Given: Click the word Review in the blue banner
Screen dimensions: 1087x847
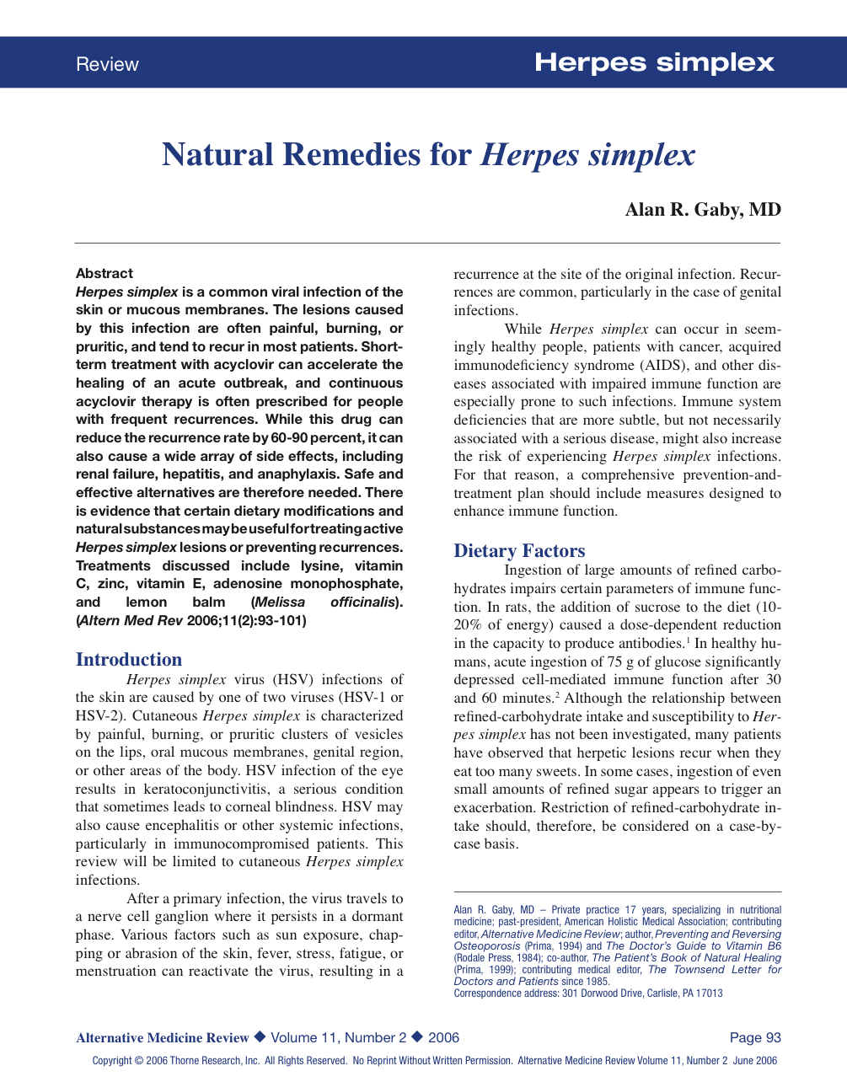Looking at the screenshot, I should point(107,65).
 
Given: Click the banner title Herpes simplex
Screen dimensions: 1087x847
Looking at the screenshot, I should point(654,63).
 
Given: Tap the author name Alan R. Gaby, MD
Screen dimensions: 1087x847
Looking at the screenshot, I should point(703,210).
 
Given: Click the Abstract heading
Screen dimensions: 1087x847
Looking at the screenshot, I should point(105,274).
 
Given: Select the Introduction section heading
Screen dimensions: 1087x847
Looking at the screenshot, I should point(129,660).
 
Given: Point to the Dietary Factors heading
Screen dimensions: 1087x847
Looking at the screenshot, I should point(519,551).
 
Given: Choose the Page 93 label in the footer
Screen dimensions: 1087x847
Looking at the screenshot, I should point(755,1038).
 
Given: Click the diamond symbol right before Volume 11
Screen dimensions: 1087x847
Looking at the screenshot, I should point(260,1037).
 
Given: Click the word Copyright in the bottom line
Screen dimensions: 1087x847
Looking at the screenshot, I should point(112,1061).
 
